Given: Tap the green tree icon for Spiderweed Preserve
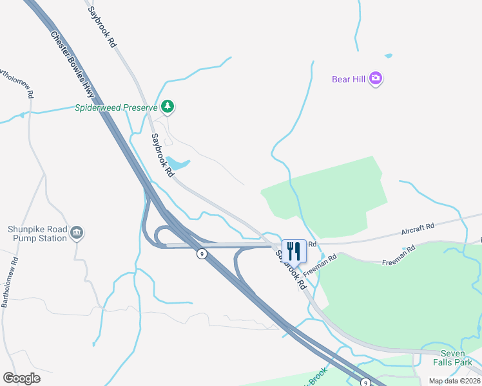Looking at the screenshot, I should [168, 106].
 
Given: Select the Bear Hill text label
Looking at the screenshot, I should [349, 79].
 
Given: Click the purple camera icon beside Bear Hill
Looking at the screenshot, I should [376, 79].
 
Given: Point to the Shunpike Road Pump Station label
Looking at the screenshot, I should [37, 233].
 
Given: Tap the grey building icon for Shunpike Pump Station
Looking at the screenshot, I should [77, 232].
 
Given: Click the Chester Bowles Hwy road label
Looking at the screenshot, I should [72, 65].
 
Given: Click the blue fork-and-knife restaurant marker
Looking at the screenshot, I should [294, 250].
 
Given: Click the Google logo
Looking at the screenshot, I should [21, 378].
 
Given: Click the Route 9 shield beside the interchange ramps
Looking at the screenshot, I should [202, 254].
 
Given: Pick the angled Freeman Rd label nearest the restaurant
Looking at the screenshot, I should [320, 266].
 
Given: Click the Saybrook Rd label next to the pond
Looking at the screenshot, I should [162, 155].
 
